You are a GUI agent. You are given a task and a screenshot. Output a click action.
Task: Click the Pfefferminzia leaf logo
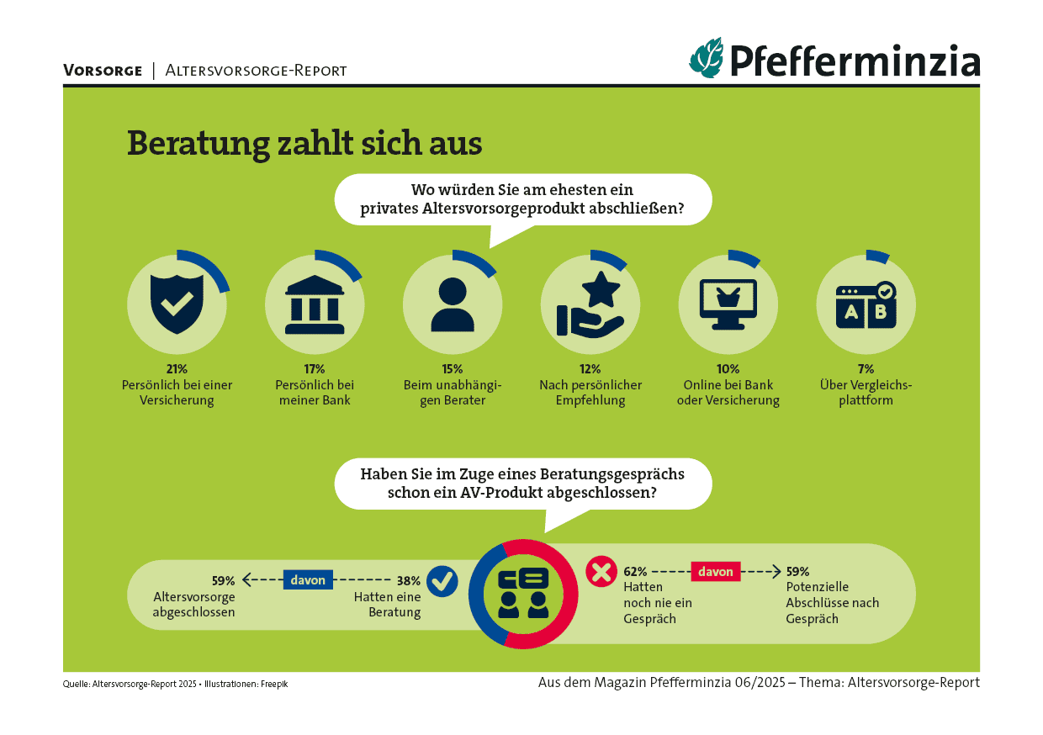pos(707,57)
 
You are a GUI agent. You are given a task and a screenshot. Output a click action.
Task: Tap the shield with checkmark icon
pos(176,303)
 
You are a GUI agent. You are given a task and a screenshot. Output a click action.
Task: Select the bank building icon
pos(315,303)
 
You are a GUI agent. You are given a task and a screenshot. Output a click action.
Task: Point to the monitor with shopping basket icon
pos(728,304)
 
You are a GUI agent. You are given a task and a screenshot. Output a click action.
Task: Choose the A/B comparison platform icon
pos(866,304)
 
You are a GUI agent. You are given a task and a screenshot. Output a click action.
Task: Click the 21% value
pos(177,368)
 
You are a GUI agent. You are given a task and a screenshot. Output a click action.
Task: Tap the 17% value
pos(315,368)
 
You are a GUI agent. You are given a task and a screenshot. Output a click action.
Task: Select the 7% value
pos(866,368)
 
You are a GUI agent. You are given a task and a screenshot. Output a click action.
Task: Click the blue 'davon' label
pos(308,579)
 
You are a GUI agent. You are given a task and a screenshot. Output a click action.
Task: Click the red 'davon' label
pos(716,572)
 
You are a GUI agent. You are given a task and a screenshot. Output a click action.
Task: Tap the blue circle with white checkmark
pos(442,580)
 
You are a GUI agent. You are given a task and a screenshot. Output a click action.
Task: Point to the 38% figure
pos(409,580)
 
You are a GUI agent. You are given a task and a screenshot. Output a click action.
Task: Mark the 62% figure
pos(635,572)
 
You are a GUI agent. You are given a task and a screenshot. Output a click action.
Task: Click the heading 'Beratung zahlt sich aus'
pos(304,143)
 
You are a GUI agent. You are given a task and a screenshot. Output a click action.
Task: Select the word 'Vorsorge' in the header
pos(103,71)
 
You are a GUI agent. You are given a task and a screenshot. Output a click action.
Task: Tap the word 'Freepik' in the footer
pos(273,684)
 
